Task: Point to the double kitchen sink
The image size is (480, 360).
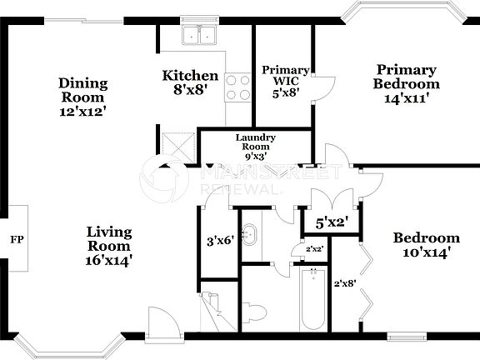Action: [199, 36]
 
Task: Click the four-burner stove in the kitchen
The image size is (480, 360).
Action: [238, 87]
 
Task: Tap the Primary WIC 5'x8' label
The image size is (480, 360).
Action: [285, 81]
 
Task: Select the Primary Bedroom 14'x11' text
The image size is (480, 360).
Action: [406, 83]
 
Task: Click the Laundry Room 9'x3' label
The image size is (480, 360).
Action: [255, 147]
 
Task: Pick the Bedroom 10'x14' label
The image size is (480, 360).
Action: [426, 244]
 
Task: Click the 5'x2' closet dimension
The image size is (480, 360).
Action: [331, 222]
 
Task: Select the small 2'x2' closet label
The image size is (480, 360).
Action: [315, 249]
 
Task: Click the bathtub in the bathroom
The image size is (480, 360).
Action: [313, 300]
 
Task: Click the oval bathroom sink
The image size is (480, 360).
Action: [248, 233]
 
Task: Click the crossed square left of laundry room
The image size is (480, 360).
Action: [177, 147]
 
